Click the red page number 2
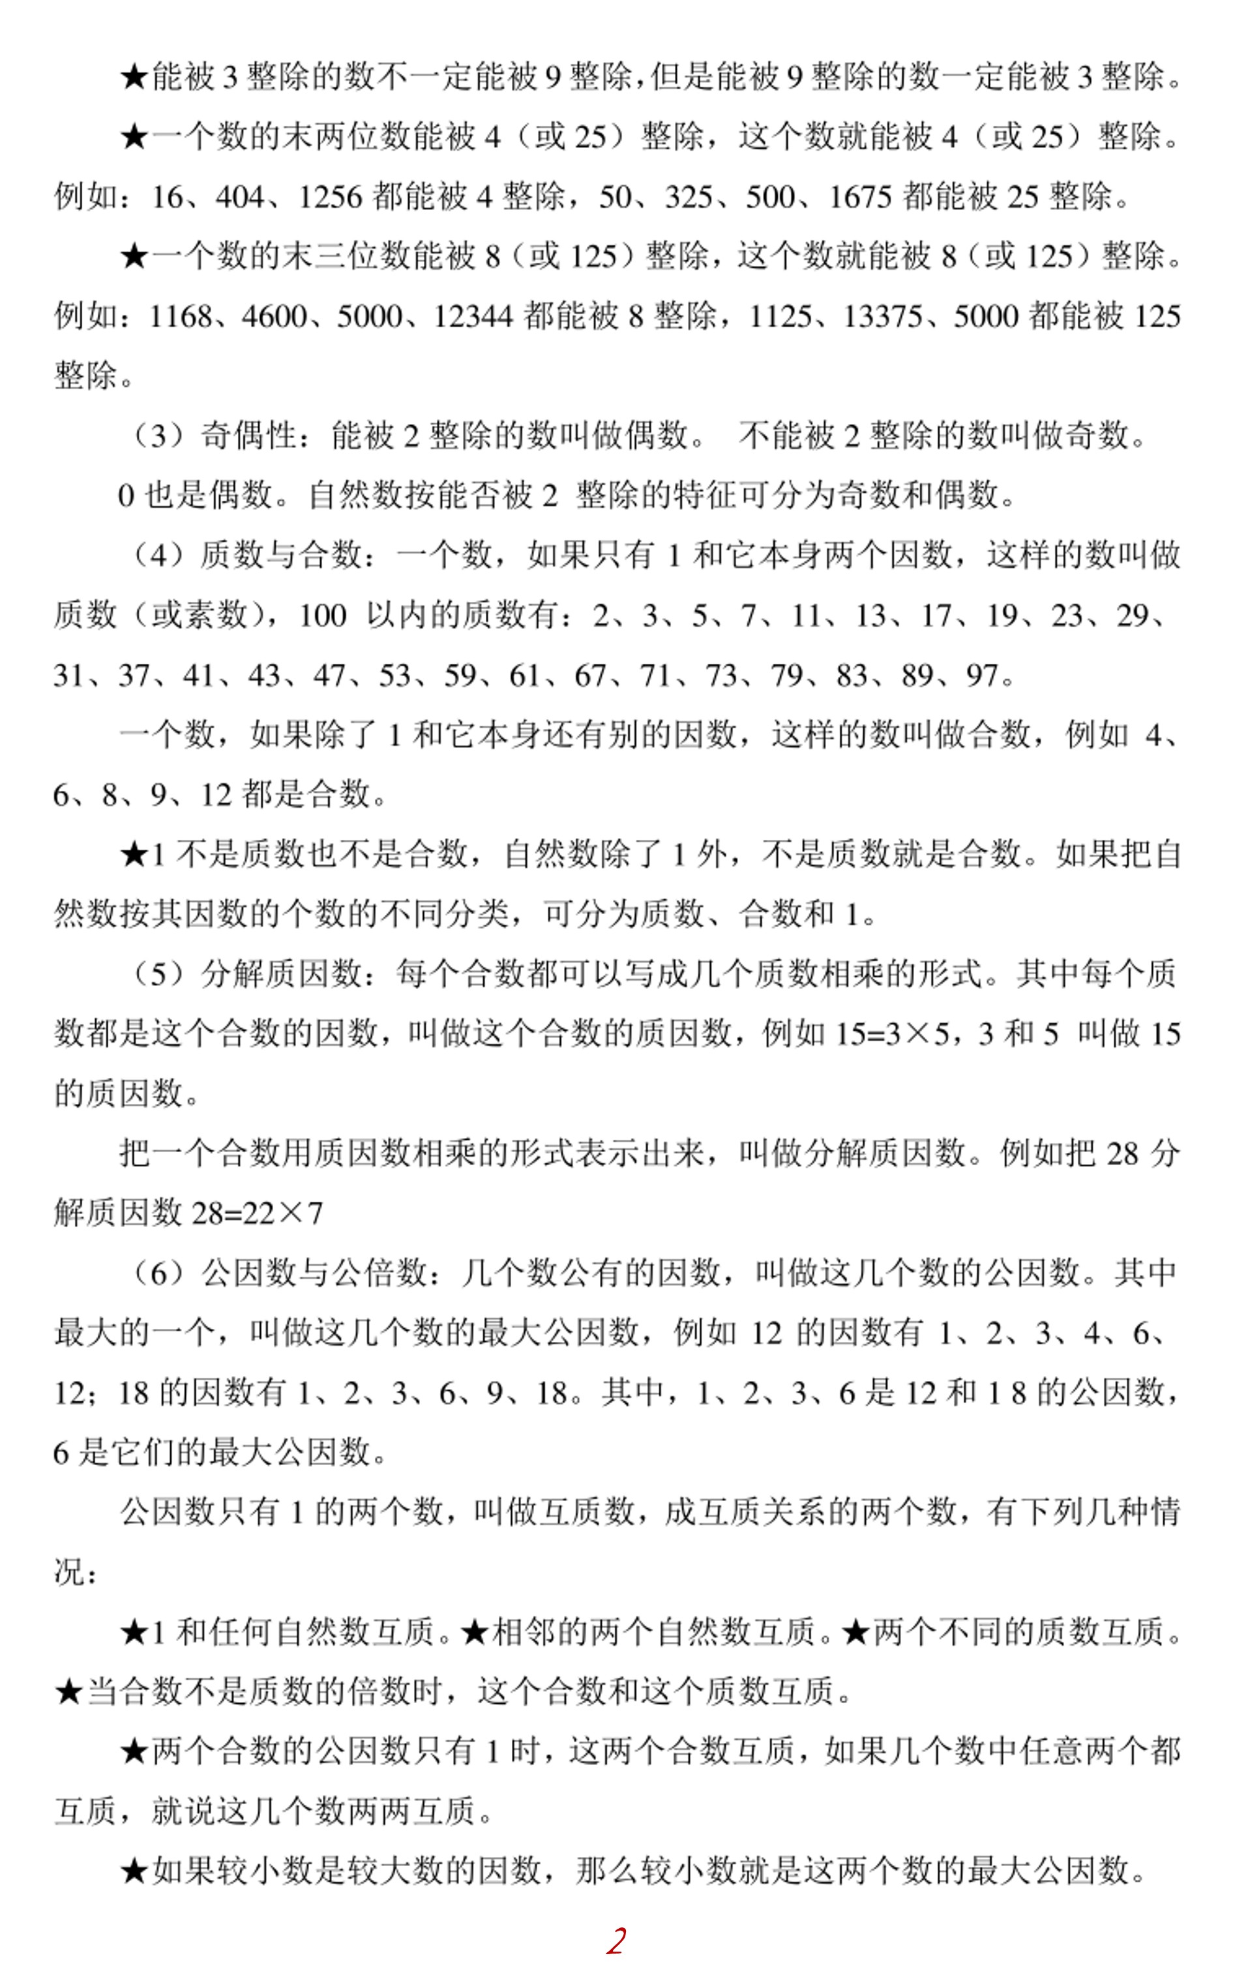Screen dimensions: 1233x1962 pos(616,1940)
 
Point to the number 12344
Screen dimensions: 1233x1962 pos(473,316)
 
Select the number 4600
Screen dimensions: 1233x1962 pos(275,316)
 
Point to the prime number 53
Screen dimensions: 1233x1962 pos(394,676)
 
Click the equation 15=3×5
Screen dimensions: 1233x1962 pos(893,1033)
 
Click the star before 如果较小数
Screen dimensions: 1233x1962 pos(134,1871)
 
